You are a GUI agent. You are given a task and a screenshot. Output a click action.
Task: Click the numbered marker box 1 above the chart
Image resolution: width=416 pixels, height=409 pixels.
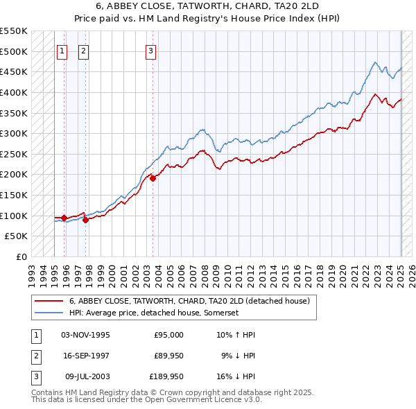click(x=62, y=50)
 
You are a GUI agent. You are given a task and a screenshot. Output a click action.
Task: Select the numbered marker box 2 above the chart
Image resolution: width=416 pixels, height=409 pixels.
click(x=83, y=50)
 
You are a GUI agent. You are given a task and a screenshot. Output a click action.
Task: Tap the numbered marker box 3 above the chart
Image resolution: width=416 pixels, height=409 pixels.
click(x=151, y=50)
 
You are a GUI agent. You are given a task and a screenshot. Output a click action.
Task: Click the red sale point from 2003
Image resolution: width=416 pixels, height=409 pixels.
click(x=153, y=178)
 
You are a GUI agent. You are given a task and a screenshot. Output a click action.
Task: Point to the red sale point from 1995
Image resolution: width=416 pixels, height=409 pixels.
click(x=64, y=218)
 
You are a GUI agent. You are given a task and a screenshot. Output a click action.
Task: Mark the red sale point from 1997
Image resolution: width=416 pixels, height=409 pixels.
click(x=86, y=220)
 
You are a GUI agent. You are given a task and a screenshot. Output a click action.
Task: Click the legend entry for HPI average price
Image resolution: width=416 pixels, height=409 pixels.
click(x=154, y=313)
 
